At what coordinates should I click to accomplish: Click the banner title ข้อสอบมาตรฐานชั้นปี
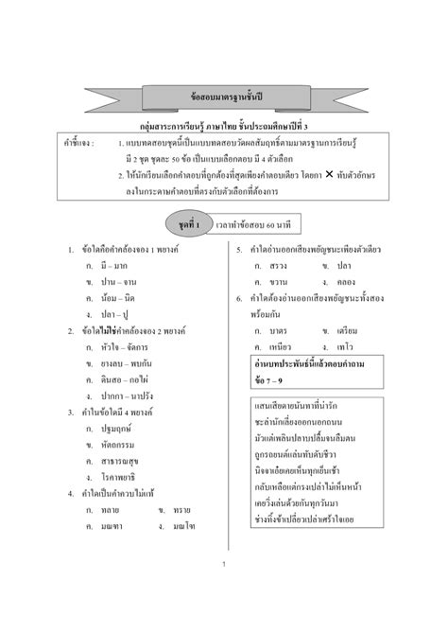coord(223,97)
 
